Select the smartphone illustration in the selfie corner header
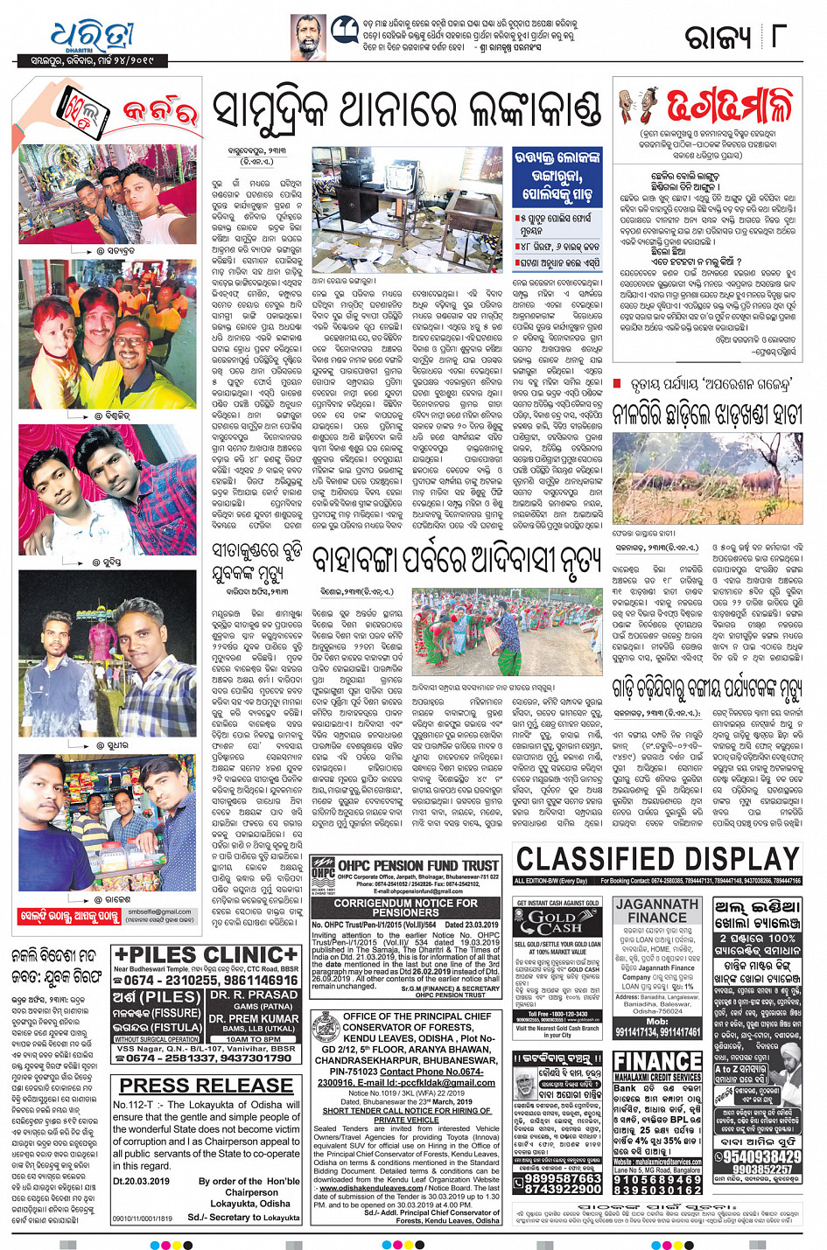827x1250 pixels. click(x=83, y=113)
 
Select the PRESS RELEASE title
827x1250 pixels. click(x=206, y=1086)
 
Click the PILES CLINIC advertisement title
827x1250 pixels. click(x=206, y=954)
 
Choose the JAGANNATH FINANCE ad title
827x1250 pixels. click(x=656, y=911)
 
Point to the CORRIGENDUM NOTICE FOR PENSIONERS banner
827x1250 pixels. click(x=406, y=907)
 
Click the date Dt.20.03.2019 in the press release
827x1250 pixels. click(x=142, y=1181)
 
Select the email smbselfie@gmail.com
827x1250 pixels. click(x=159, y=911)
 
